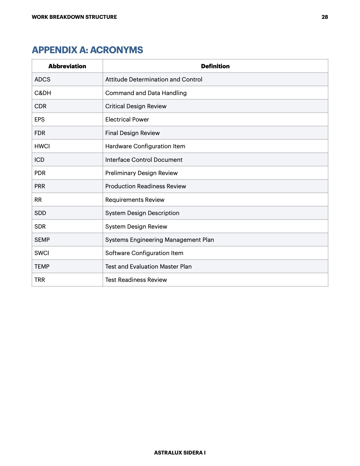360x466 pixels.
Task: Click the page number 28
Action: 324,17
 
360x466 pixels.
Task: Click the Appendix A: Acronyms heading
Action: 87,50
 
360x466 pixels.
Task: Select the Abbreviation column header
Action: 67,66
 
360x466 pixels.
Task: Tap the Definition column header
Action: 215,66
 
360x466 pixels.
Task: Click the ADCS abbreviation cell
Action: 42,79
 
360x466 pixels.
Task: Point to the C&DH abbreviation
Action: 43,93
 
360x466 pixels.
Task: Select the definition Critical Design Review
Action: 136,106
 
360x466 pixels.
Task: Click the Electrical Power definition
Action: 127,119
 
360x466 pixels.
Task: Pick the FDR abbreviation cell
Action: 40,133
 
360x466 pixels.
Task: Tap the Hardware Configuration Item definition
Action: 145,146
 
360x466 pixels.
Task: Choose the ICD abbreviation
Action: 39,160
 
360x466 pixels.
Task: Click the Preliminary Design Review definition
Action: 141,173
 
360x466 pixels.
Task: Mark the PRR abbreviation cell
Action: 40,186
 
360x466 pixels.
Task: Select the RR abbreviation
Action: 38,200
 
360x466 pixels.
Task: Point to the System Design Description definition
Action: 142,213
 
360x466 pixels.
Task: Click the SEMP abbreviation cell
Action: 42,240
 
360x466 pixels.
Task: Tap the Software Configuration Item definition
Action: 144,253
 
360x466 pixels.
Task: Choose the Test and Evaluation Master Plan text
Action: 149,267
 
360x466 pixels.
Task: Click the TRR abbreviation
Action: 40,280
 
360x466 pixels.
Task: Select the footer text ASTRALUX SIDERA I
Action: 180,453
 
